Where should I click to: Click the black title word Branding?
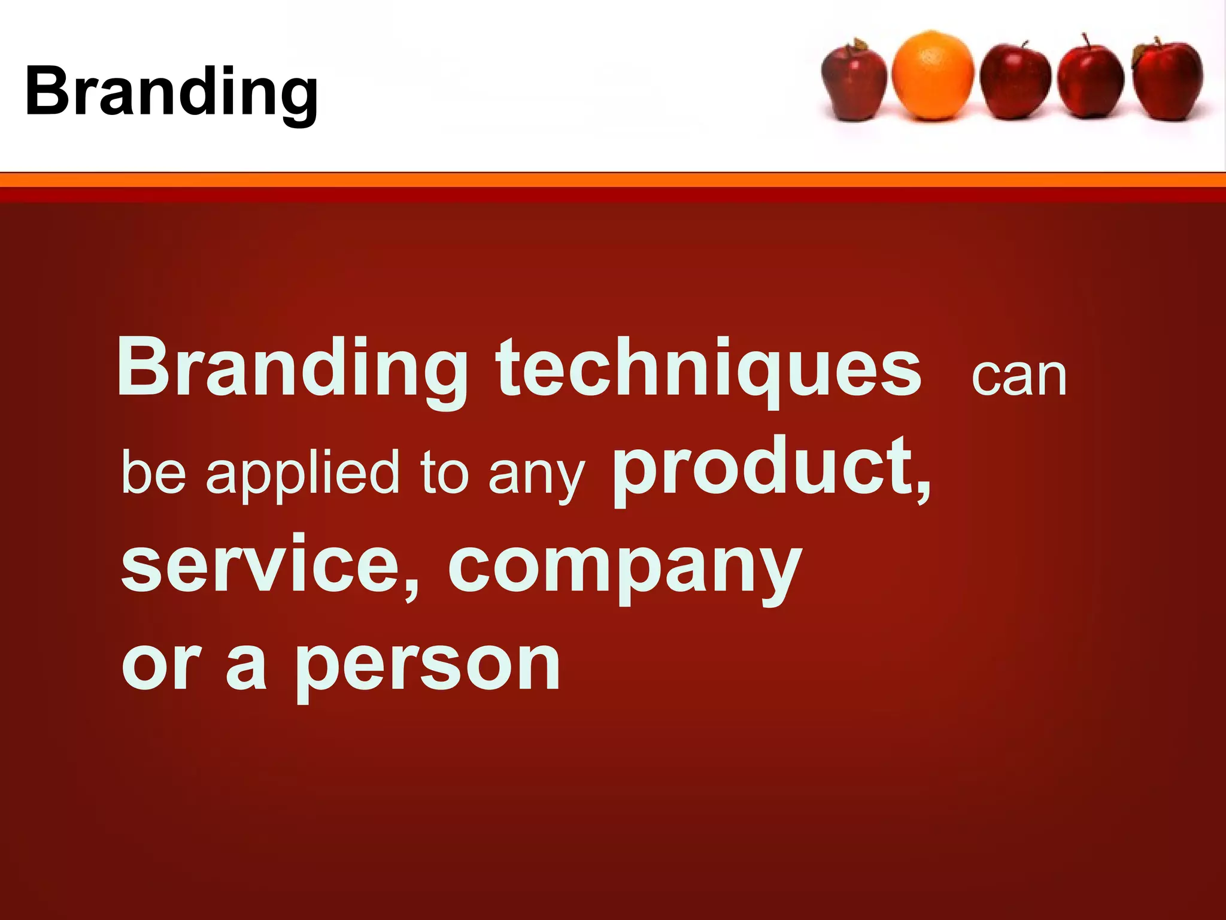(x=171, y=93)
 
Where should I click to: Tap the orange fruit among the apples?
(x=932, y=75)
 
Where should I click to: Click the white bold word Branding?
(x=292, y=368)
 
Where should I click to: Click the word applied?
(x=302, y=473)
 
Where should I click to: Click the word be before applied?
(x=154, y=473)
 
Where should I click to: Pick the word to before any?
(x=444, y=473)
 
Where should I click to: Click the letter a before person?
(x=247, y=665)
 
